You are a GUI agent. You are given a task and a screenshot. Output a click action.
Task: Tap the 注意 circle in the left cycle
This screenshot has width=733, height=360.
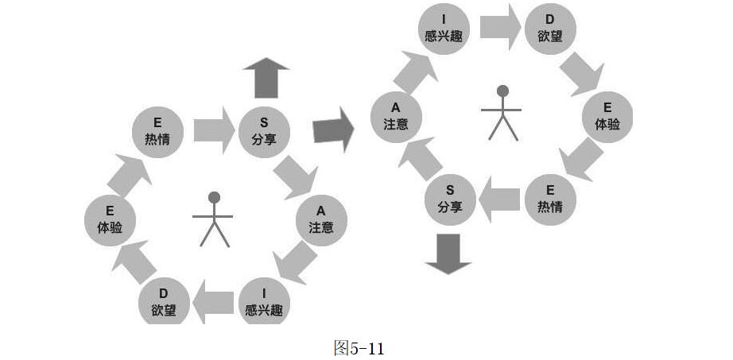[x=321, y=219]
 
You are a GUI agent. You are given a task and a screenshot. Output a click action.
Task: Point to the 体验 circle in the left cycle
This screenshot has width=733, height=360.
[x=110, y=219]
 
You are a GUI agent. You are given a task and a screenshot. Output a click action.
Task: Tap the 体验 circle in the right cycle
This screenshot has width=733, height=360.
[x=607, y=116]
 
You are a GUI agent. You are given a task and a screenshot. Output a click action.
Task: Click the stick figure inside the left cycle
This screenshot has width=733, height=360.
[x=213, y=219]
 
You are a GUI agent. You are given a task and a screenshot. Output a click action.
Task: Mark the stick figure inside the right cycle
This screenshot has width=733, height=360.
[x=502, y=113]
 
